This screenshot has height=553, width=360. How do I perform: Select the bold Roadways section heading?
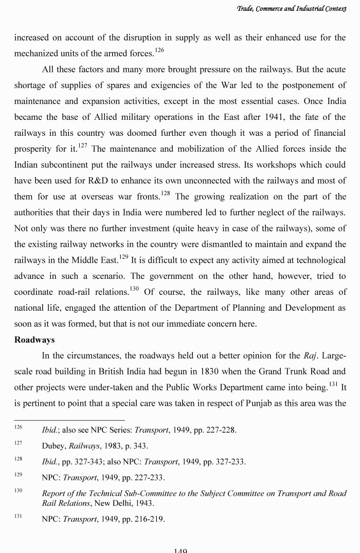click(x=34, y=340)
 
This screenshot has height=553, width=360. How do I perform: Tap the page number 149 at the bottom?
click(x=180, y=550)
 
